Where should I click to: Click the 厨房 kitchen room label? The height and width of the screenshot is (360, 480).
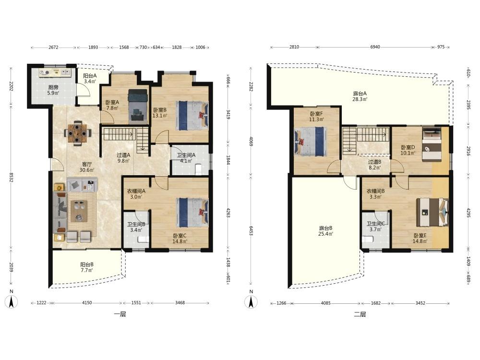click(53, 87)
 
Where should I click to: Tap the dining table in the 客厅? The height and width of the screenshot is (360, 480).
click(78, 133)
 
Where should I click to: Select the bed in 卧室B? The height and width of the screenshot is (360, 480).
click(192, 116)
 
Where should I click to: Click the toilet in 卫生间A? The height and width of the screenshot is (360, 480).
click(198, 169)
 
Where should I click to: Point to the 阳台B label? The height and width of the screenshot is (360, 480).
click(87, 264)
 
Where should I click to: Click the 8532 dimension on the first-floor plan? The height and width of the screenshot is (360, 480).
click(12, 177)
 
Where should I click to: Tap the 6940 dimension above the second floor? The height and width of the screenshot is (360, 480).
click(375, 47)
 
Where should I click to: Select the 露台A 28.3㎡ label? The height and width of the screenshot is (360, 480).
click(360, 96)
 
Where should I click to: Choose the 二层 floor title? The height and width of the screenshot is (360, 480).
click(360, 314)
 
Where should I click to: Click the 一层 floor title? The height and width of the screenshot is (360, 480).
click(120, 314)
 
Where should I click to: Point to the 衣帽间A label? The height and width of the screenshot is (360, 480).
click(136, 191)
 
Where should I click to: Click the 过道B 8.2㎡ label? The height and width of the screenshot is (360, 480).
click(375, 165)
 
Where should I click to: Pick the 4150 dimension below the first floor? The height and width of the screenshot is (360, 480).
click(87, 303)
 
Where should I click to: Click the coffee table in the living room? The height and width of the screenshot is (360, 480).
click(79, 211)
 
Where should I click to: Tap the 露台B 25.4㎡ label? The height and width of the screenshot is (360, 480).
click(326, 231)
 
